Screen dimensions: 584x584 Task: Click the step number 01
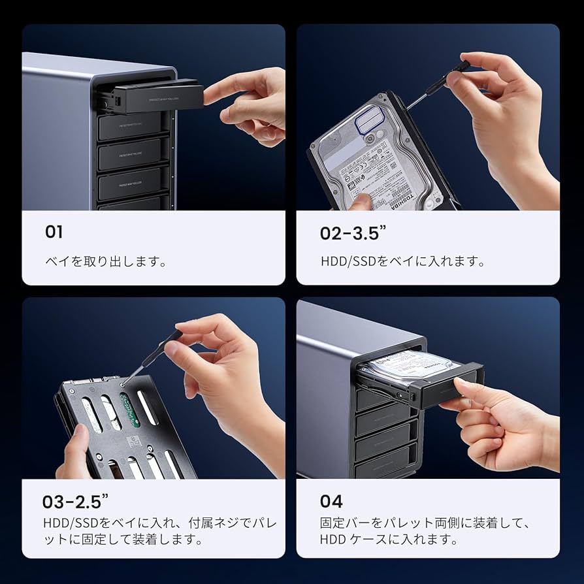click(x=54, y=231)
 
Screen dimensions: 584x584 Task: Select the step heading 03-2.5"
click(x=74, y=501)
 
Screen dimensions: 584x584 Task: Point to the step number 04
click(x=331, y=501)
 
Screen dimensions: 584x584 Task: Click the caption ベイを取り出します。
click(x=105, y=261)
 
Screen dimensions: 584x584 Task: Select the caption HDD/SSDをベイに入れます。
click(x=402, y=261)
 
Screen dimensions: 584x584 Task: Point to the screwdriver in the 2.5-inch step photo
click(x=154, y=353)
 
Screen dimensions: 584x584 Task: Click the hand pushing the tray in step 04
click(x=503, y=425)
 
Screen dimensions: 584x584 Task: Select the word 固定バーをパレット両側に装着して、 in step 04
click(x=424, y=523)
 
